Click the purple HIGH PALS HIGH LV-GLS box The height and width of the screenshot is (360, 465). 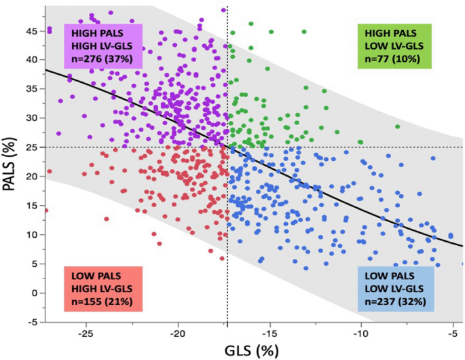103,46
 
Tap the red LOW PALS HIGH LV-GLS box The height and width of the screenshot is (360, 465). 103,289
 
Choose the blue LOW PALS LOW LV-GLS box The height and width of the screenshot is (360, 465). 396,289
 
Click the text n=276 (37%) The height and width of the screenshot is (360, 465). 103,59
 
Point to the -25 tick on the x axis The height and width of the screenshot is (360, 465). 86,334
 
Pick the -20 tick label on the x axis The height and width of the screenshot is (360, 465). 177,334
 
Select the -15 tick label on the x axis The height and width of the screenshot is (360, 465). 269,334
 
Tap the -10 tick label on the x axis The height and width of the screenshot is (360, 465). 360,334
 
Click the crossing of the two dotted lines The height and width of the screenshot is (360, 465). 227,147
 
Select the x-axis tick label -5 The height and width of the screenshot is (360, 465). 451,334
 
